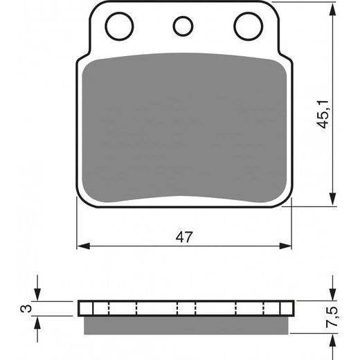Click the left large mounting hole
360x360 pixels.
pos(119,27)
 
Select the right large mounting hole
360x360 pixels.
pos(247,27)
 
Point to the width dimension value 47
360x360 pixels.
pos(183,237)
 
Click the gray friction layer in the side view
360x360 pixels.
pos(183,324)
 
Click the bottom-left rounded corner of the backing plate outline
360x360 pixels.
pos(82,201)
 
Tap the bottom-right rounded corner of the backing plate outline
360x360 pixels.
pos(286,201)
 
